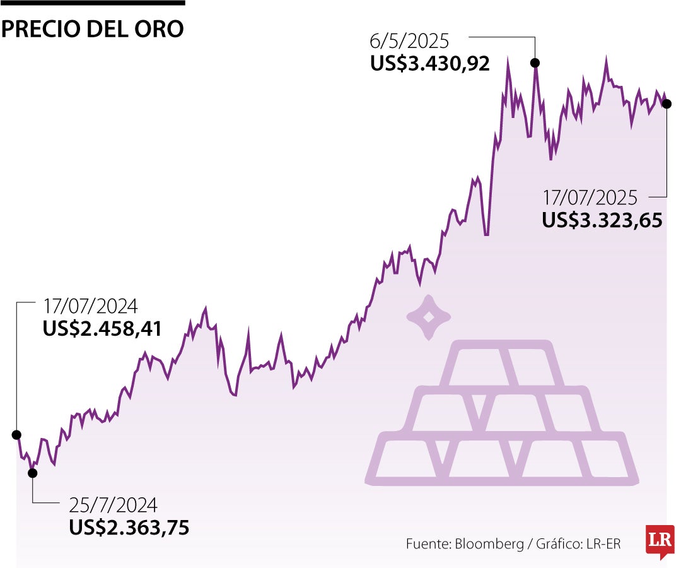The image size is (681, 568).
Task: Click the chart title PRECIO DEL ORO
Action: (93, 28)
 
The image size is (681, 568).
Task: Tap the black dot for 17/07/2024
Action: (16, 435)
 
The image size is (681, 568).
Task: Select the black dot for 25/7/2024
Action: (33, 473)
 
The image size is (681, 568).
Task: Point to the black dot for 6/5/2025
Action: (535, 62)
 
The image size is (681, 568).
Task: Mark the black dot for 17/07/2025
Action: (667, 104)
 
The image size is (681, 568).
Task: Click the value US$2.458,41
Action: (103, 329)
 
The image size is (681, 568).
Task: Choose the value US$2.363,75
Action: (129, 528)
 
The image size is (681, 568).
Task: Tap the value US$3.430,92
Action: (430, 64)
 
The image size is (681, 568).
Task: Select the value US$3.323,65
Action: (602, 220)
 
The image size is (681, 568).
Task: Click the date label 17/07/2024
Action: (90, 307)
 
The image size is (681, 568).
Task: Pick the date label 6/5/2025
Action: (409, 42)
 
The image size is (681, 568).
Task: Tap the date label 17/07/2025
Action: (590, 198)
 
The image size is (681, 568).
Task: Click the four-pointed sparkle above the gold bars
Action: (428, 317)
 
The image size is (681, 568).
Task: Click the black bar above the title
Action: (93, 3)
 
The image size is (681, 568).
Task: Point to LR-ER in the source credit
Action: (603, 544)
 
